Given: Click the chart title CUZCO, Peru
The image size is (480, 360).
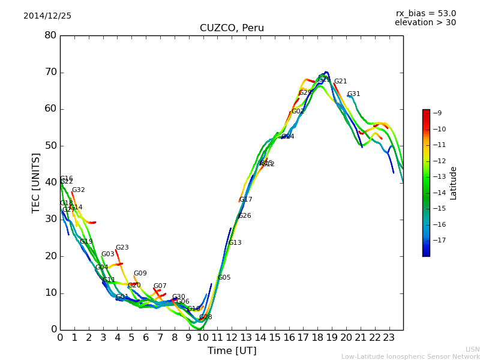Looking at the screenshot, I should tap(232, 28).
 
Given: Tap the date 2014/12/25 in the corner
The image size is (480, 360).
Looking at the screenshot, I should tap(47, 16).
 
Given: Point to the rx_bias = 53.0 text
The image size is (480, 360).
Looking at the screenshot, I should tap(425, 13).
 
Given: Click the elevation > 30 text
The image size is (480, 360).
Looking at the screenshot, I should tap(425, 23).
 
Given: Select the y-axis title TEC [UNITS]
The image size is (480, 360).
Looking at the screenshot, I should tap(36, 182).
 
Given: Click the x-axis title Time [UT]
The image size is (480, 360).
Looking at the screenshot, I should tap(232, 351).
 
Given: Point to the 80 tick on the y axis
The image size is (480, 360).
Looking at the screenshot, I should tap(50, 35).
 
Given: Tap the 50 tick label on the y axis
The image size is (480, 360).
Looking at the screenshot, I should tap(50, 146).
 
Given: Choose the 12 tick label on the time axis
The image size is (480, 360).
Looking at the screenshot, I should tap(232, 338).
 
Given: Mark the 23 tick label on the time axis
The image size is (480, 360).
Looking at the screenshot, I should tap(389, 338).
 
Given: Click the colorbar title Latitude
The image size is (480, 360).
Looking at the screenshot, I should tap(454, 183).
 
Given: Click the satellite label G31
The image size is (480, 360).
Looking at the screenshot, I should tap(354, 94).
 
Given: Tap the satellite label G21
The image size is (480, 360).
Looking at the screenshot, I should tap(341, 82).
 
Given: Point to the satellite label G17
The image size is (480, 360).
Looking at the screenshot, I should tap(246, 200).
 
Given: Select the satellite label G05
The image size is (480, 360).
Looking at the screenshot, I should tap(224, 278).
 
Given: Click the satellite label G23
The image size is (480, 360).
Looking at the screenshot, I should tap(122, 248).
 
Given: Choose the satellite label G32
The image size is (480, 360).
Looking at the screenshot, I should tap(79, 190).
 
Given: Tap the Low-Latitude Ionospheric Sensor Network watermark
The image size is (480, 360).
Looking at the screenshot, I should tap(410, 356).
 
